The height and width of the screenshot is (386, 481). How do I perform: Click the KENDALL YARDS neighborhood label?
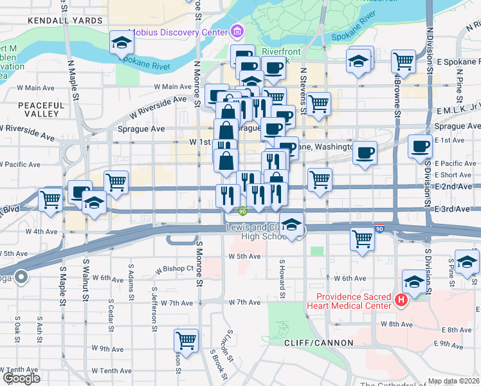click(65, 21)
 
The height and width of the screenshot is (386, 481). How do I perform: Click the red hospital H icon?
click(402, 300)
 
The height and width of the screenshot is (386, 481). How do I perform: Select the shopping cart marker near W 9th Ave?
click(186, 340)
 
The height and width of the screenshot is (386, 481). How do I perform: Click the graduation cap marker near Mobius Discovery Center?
click(121, 42)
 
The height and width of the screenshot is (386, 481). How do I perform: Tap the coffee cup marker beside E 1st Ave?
click(421, 146)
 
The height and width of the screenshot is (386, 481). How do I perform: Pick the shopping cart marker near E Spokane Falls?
click(403, 62)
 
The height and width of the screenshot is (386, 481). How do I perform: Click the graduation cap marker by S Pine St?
click(467, 262)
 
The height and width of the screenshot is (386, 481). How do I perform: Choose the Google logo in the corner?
click(21, 378)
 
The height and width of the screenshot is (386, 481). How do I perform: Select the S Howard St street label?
click(281, 278)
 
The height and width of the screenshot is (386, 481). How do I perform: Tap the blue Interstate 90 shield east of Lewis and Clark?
click(379, 228)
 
